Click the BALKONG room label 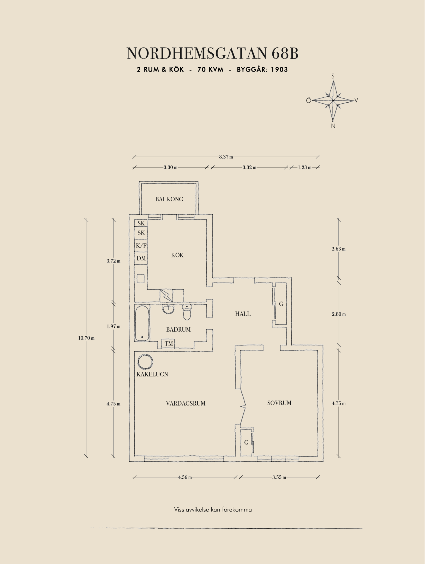click(169, 199)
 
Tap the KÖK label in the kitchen click(177, 255)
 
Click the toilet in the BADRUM click(187, 312)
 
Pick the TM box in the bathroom click(169, 344)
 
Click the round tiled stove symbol click(145, 362)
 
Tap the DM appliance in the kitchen click(141, 258)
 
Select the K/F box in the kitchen click(141, 246)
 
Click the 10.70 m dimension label click(86, 338)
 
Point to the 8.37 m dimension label click(226, 157)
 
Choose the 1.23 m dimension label click(305, 167)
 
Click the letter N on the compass click(333, 126)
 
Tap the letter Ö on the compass click(309, 100)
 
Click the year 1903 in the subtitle click(279, 69)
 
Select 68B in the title click(285, 54)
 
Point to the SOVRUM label click(279, 403)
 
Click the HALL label click(243, 314)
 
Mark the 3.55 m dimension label click(279, 477)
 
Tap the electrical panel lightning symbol click(166, 295)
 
